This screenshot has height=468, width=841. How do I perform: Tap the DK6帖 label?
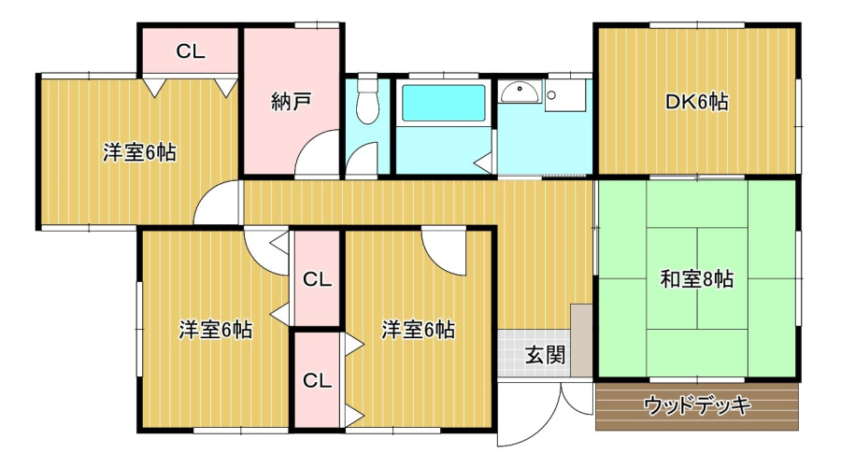(696, 102)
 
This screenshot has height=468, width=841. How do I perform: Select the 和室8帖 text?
(696, 278)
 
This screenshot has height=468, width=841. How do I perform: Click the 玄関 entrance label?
(544, 354)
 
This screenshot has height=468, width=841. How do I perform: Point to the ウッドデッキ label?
(698, 405)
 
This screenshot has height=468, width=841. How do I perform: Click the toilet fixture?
(367, 100)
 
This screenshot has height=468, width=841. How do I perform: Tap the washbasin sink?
(519, 92)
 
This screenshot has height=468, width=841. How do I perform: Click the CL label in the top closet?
(190, 52)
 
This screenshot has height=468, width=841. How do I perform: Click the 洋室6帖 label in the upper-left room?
(139, 152)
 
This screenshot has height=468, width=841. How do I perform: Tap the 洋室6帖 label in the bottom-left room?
(215, 330)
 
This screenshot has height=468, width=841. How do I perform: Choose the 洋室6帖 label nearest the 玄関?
(418, 330)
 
